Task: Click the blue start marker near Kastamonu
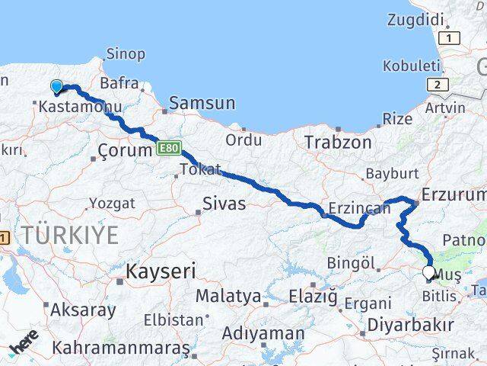point(56,87)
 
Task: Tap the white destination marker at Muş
point(428,272)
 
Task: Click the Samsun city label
point(202,103)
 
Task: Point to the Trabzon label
point(338,142)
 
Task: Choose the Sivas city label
point(224,203)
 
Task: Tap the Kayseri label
point(161,271)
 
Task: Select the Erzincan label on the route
point(353,207)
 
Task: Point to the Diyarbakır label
point(410,324)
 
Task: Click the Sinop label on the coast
point(126,54)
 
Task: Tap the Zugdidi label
point(416,19)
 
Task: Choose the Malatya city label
point(228,295)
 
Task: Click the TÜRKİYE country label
point(70,235)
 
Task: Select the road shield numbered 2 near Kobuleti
point(438,85)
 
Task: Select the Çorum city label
point(126,150)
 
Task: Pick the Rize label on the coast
point(396,119)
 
